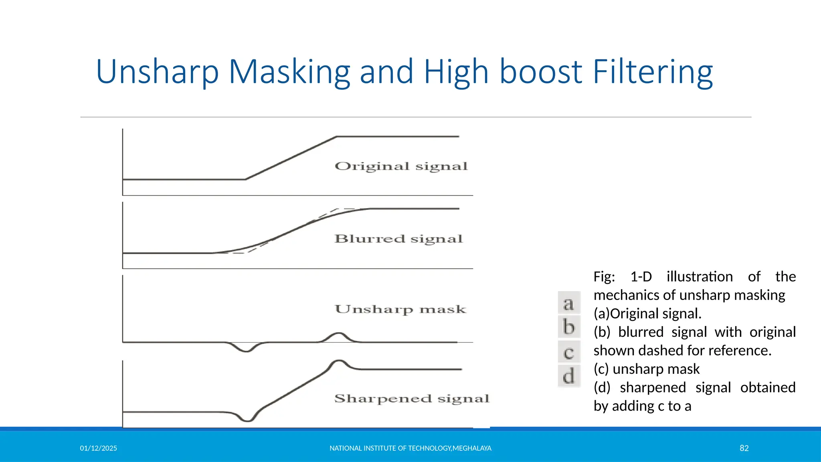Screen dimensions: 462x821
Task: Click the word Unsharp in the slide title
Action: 157,72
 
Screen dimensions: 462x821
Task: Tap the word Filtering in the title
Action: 653,72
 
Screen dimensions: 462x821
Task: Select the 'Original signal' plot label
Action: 401,166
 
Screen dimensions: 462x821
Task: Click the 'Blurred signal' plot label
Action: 398,239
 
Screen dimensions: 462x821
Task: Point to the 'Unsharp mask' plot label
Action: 400,309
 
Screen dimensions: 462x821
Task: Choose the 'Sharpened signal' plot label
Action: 412,399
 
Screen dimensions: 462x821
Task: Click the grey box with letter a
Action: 569,303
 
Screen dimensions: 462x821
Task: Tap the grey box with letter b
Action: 569,327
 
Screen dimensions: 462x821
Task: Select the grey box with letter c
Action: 569,352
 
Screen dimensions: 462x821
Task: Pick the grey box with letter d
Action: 569,377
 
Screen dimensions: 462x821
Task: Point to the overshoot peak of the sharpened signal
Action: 339,361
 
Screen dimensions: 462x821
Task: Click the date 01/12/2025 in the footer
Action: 99,448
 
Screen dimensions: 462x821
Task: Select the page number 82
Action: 744,448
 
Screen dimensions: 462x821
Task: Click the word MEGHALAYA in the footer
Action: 472,448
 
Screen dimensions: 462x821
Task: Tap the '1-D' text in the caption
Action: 641,277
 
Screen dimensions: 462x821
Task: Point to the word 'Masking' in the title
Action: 289,72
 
